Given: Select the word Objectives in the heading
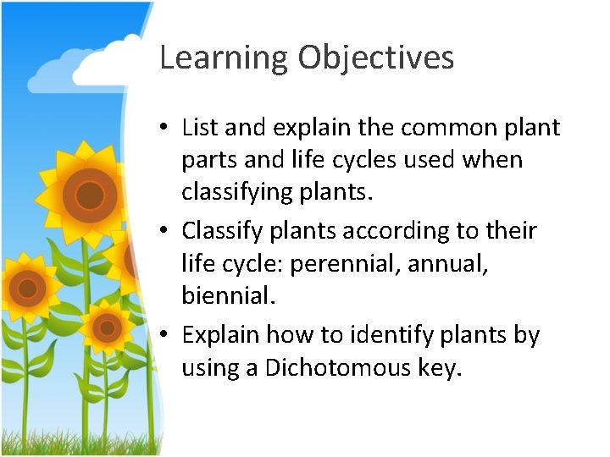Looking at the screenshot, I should pyautogui.click(x=375, y=58).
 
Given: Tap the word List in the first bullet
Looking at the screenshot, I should pyautogui.click(x=201, y=128).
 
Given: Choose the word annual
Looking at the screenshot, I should pyautogui.click(x=446, y=262).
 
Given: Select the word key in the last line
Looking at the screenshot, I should pyautogui.click(x=435, y=369).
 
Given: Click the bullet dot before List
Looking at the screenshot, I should pyautogui.click(x=169, y=129).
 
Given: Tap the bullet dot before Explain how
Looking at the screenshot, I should pyautogui.click(x=169, y=336).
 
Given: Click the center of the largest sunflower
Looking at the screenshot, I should pyautogui.click(x=89, y=195).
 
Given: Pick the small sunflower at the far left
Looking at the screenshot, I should pyautogui.click(x=27, y=289).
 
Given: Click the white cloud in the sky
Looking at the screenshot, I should pyautogui.click(x=80, y=63).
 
